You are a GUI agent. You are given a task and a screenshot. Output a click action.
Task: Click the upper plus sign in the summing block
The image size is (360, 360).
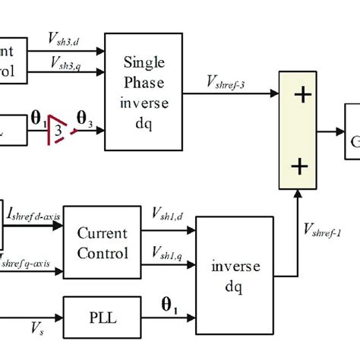tap(303, 95)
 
